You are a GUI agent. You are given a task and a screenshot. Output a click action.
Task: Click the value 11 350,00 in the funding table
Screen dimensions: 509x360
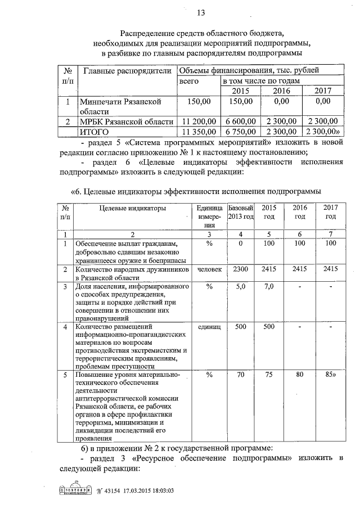click(196, 132)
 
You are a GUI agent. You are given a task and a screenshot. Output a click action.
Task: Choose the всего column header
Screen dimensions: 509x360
click(190, 82)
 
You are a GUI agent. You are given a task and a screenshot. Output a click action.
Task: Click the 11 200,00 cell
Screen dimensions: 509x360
click(196, 121)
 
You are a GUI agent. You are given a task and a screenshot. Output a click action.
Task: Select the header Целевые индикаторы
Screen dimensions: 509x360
click(132, 209)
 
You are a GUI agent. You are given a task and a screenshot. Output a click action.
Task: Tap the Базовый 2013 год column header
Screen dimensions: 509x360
click(241, 212)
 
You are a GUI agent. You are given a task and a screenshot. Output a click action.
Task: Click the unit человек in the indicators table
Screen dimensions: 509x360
click(209, 269)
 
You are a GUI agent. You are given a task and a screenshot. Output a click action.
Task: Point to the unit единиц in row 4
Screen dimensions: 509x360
click(209, 327)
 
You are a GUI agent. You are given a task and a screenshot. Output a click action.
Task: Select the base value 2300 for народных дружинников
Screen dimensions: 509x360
click(241, 269)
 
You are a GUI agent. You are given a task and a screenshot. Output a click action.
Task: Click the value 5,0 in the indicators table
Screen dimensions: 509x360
click(241, 286)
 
